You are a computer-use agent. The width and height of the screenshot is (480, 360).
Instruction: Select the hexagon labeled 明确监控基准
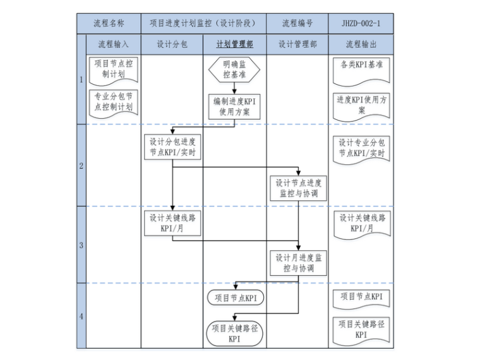click(234, 69)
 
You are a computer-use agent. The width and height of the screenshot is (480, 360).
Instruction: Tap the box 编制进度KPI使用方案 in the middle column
click(234, 106)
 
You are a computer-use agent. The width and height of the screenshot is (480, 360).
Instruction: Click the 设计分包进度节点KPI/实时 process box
click(172, 147)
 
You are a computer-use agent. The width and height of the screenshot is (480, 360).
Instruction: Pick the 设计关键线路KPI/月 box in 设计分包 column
click(172, 223)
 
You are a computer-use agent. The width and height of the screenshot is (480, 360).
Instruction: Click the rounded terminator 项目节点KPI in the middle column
click(235, 297)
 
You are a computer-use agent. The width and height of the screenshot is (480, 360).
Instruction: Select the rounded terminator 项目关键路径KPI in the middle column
click(234, 333)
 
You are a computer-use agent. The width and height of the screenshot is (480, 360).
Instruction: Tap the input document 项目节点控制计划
click(113, 69)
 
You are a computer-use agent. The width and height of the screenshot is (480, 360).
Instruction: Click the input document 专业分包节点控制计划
click(113, 102)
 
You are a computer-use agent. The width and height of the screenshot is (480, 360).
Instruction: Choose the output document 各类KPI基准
click(361, 66)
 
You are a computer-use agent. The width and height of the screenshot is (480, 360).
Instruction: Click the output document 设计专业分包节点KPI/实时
click(361, 148)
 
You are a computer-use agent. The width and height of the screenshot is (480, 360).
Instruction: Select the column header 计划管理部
click(234, 44)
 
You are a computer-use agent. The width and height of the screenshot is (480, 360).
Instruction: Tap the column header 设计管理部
click(297, 44)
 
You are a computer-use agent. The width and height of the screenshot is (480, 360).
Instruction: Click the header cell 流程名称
click(109, 23)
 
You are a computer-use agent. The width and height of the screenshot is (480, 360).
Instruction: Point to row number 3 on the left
click(81, 245)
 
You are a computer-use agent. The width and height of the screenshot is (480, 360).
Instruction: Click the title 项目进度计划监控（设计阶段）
click(203, 23)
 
